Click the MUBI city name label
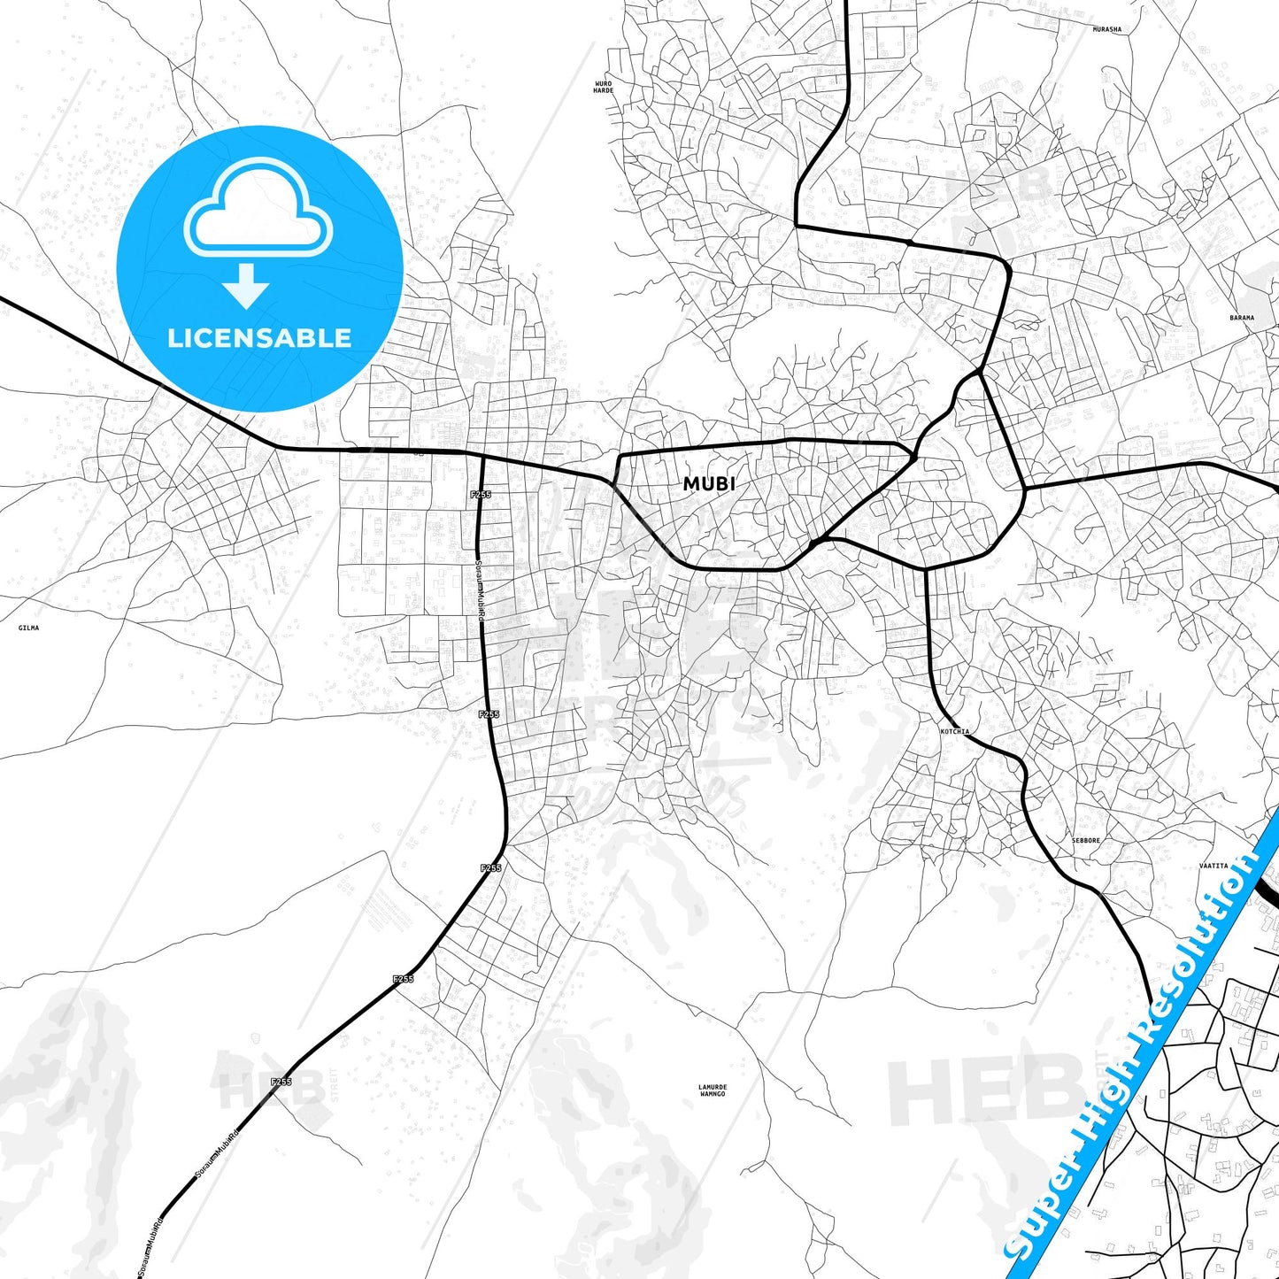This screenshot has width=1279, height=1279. pyautogui.click(x=708, y=484)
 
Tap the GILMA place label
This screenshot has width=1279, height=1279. pyautogui.click(x=28, y=628)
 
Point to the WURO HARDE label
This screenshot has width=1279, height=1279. pyautogui.click(x=603, y=87)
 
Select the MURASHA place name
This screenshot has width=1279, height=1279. pyautogui.click(x=1106, y=29)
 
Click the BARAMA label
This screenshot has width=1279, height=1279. pyautogui.click(x=1241, y=317)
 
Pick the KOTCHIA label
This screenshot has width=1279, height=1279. pyautogui.click(x=954, y=732)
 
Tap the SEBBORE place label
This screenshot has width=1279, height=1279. pyautogui.click(x=1085, y=840)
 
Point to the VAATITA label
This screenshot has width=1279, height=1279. pyautogui.click(x=1214, y=866)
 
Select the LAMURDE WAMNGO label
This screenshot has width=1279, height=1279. pyautogui.click(x=713, y=1090)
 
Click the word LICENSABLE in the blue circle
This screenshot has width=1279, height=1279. pyautogui.click(x=259, y=338)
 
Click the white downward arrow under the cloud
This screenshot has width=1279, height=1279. pyautogui.click(x=246, y=285)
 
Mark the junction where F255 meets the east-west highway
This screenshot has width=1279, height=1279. pyautogui.click(x=482, y=457)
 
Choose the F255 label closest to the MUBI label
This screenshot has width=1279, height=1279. pyautogui.click(x=480, y=494)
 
